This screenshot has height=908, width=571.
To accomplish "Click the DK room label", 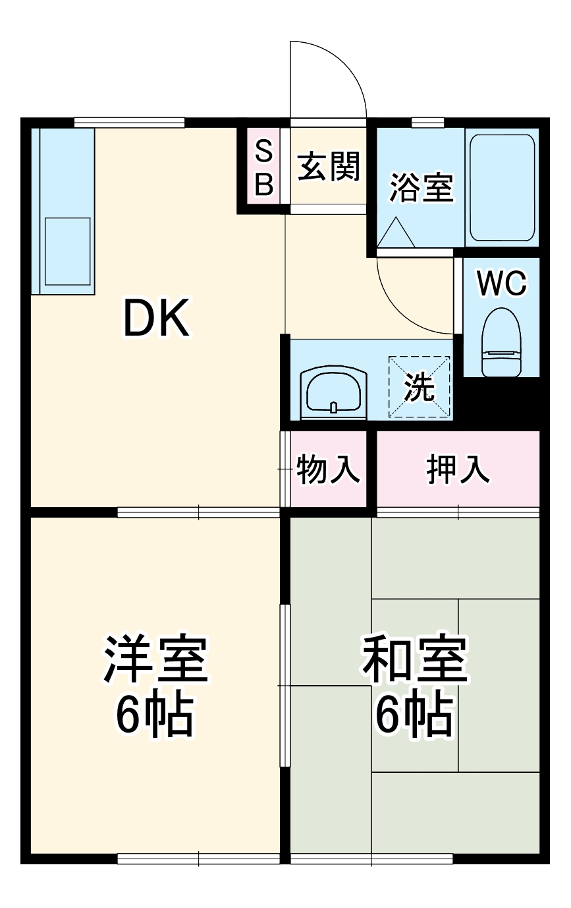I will [157, 318].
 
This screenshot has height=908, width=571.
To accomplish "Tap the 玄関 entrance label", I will [328, 167].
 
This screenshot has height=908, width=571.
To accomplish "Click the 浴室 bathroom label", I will [421, 187].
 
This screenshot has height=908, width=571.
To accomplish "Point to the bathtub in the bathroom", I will [502, 187].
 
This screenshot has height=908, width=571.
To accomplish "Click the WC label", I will [501, 284].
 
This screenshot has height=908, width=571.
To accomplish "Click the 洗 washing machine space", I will [420, 388].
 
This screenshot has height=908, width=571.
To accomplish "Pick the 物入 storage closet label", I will [328, 469].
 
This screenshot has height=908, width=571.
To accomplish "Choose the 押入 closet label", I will [458, 469].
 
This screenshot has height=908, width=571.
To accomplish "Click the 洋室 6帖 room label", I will [155, 686].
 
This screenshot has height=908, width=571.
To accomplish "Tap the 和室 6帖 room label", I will [414, 686].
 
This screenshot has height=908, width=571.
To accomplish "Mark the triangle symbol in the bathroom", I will [395, 234].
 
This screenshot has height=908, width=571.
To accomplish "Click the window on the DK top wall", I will [129, 122].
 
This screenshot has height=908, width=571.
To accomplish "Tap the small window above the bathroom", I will [427, 122].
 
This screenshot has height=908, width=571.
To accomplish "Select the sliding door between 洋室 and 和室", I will [285, 686].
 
